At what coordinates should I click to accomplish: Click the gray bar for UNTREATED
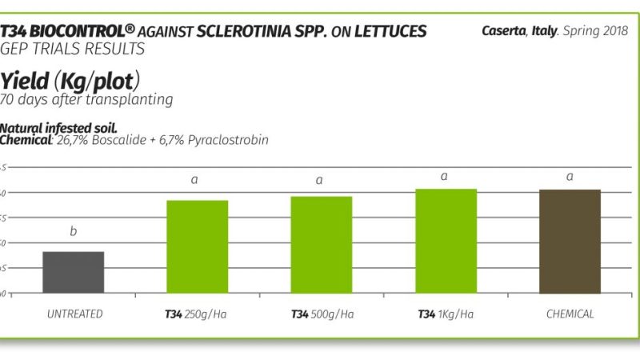[x=74, y=273]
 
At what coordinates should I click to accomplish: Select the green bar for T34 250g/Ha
[x=198, y=247]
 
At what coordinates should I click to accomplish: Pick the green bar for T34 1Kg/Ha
[x=446, y=242]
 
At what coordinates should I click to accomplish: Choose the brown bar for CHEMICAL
[x=570, y=242]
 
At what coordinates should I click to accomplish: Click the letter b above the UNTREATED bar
[x=74, y=232]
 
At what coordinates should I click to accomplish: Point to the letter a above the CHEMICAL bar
[x=570, y=176]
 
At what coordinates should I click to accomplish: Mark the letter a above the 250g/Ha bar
[x=194, y=180]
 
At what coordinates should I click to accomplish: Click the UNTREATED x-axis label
[x=74, y=314]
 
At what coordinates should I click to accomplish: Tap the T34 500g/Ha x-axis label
[x=322, y=314]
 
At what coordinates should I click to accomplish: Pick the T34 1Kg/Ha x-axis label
[x=446, y=314]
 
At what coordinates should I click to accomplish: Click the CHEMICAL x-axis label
[x=570, y=314]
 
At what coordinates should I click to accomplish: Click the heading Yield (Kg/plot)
[x=71, y=81]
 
